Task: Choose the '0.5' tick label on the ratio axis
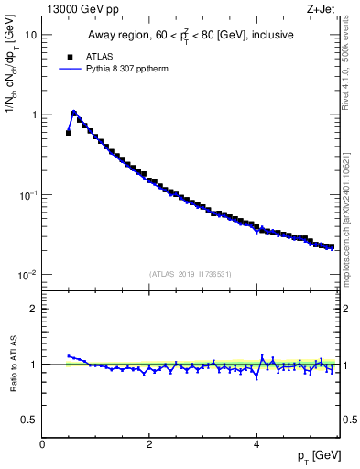coord(29,420)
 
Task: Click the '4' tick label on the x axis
coord(256,444)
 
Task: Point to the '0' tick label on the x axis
coord(43,444)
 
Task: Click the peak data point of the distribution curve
coord(74,114)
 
